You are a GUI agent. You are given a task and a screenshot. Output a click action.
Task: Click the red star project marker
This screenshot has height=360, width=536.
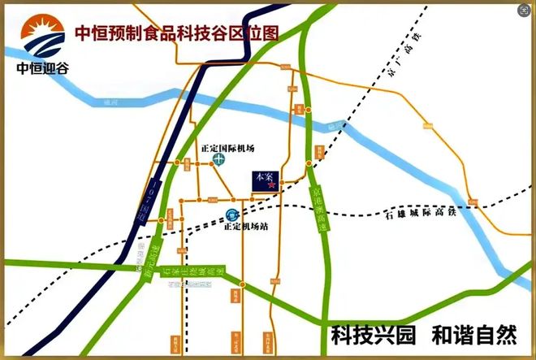(271, 185)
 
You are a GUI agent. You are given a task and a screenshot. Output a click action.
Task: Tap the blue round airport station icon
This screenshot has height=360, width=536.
(232, 215)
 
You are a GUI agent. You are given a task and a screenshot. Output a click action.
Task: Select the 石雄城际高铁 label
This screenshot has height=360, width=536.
(415, 215)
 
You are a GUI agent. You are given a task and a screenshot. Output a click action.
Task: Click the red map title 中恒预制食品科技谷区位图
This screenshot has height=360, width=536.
(176, 33)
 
